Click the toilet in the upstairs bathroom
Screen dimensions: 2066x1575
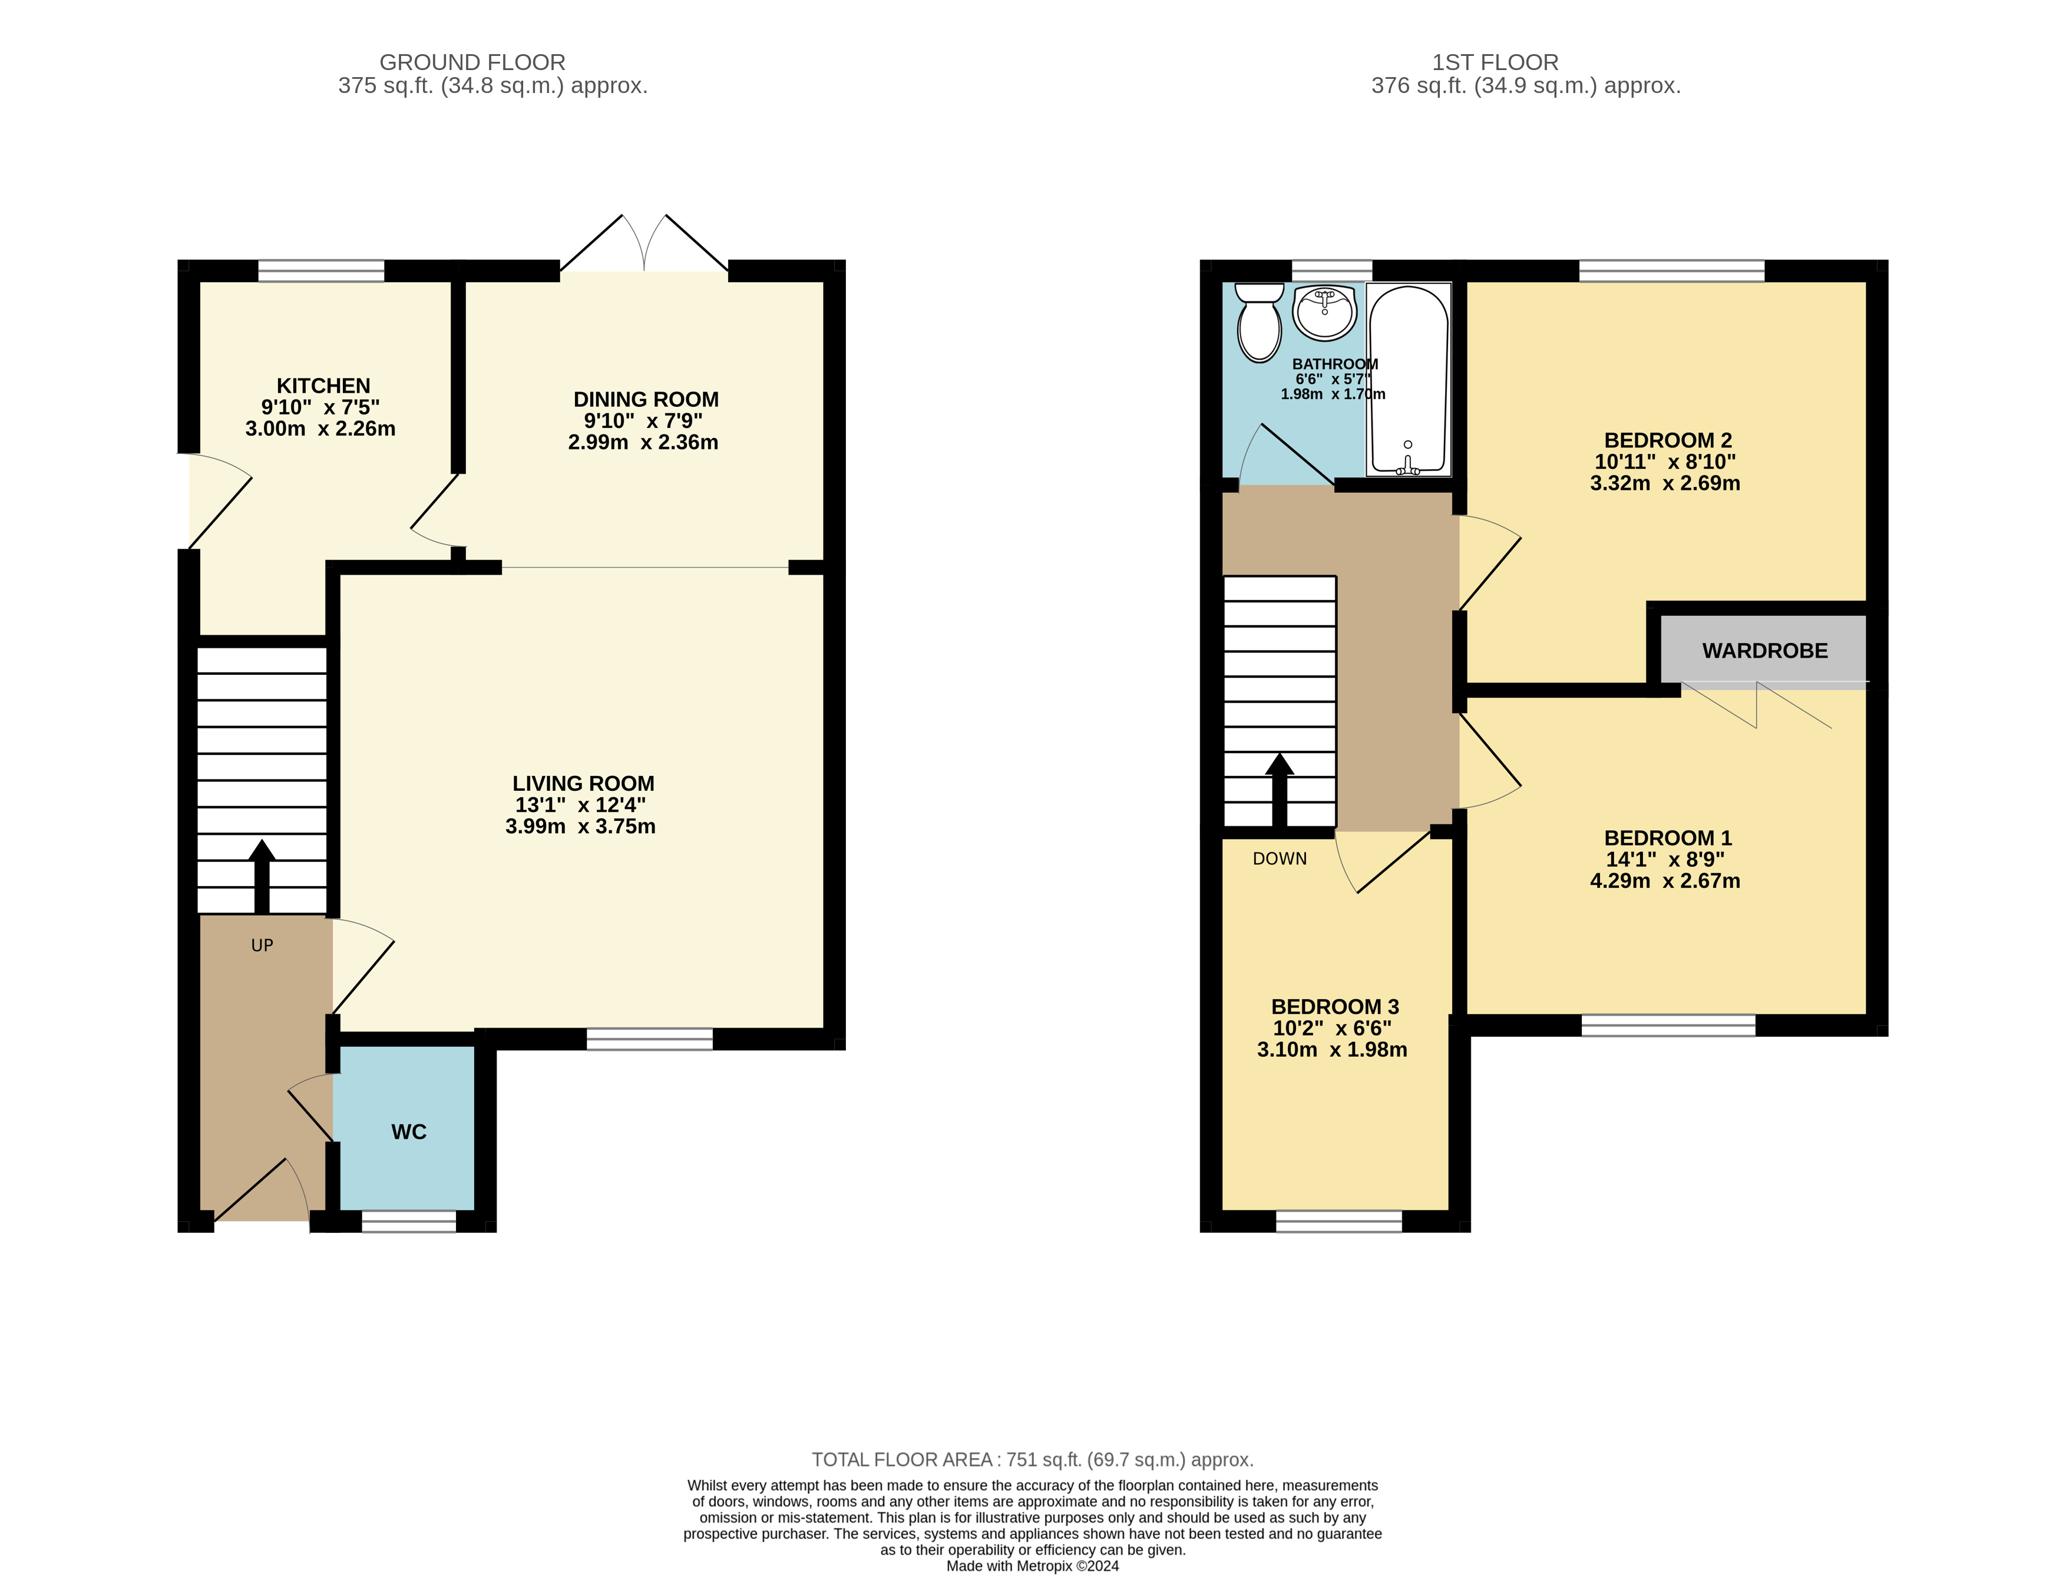[x=1260, y=323]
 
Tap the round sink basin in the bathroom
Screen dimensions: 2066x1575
[x=1324, y=312]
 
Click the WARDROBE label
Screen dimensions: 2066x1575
[x=1765, y=651]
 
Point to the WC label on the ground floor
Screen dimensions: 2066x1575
[x=409, y=1132]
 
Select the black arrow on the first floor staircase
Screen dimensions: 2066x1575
[x=1279, y=790]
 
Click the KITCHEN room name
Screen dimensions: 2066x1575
[x=323, y=385]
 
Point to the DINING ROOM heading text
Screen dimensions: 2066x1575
[x=646, y=399]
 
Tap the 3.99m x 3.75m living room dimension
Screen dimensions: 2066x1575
[x=580, y=826]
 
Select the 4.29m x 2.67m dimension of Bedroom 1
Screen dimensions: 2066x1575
[x=1665, y=880]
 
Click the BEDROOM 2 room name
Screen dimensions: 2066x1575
[x=1667, y=440]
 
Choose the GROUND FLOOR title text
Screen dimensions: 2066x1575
[x=472, y=62]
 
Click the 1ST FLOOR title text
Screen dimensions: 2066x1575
[x=1495, y=62]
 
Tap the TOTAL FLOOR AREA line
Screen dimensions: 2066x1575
[x=1033, y=1460]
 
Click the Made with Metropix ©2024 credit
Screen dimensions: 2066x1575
[x=1033, y=1566]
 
